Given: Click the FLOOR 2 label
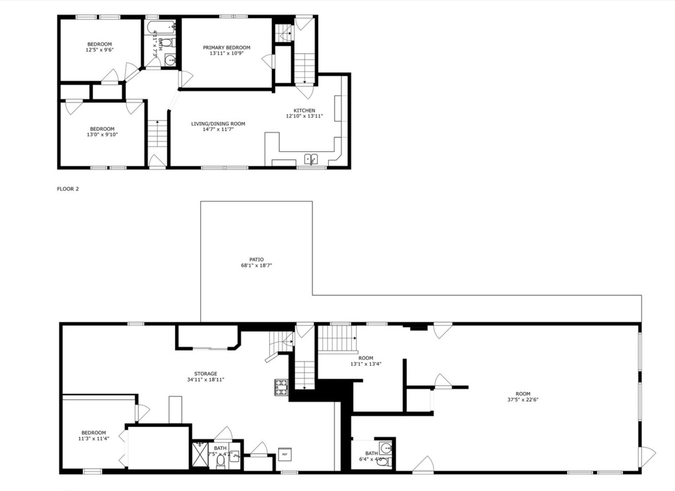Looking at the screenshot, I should point(68,189).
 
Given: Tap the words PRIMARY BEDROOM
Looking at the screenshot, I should point(226,47).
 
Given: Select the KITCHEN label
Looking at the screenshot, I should point(304,110).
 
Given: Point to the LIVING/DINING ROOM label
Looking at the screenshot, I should point(218,124).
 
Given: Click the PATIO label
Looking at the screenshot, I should point(256,260).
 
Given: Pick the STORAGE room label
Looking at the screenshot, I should point(205,374).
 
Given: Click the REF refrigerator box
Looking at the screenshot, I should point(285,454).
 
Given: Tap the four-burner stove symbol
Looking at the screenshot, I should point(281,387).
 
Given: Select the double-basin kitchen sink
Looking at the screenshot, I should point(311,159).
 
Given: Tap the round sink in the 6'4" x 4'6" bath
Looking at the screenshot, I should point(386,448).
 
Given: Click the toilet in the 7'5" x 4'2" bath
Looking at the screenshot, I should point(220,462).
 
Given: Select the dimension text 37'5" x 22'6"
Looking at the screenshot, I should point(523,400).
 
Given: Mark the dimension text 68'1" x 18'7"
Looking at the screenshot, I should point(256,266).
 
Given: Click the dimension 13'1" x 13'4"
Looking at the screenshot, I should point(365,364).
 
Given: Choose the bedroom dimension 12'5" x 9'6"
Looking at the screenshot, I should point(100,50).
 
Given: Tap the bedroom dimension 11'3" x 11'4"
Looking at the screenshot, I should point(94,439).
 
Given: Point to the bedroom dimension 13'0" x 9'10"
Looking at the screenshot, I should point(102,135).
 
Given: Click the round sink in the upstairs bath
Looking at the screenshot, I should point(169,60).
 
